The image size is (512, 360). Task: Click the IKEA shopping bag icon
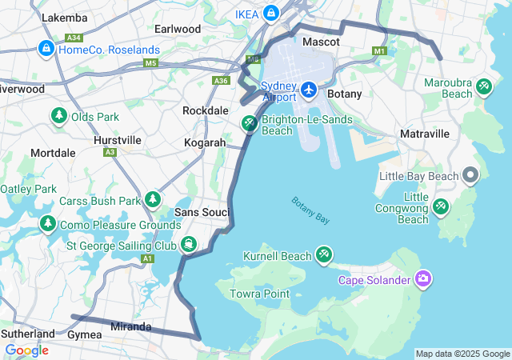click(x=271, y=13)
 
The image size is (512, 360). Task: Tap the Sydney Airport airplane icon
click(x=309, y=90)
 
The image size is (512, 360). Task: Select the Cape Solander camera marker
click(x=422, y=279)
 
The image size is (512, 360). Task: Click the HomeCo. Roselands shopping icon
click(x=46, y=50)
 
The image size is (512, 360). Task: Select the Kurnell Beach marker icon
click(x=323, y=255)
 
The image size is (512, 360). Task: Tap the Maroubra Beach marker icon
click(x=483, y=86)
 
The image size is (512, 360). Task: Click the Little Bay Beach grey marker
click(x=470, y=175)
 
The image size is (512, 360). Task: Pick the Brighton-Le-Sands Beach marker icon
click(x=250, y=123)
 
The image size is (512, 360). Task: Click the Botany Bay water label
click(x=310, y=210)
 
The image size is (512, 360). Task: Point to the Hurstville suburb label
click(x=117, y=139)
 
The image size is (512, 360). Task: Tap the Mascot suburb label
click(x=321, y=41)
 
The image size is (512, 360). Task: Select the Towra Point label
click(x=260, y=294)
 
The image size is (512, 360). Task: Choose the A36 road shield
click(x=221, y=80)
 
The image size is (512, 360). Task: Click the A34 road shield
click(x=74, y=38)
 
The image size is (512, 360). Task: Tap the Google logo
click(x=26, y=350)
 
